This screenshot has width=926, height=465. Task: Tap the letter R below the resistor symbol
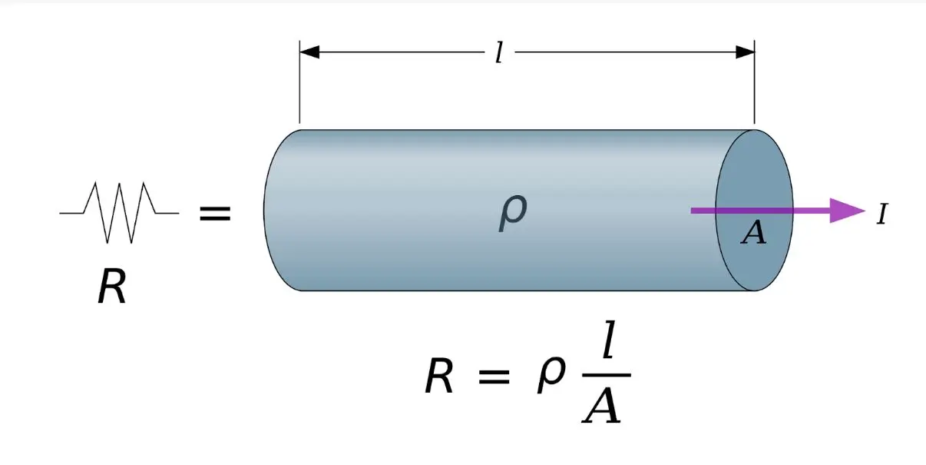(x=111, y=286)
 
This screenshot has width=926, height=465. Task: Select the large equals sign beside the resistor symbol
(x=215, y=214)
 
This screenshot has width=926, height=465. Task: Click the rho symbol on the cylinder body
(x=513, y=213)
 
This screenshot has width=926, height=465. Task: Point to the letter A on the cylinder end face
(x=753, y=232)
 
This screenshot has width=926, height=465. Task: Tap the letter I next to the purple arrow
(x=882, y=214)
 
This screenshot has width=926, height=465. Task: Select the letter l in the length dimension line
(x=500, y=52)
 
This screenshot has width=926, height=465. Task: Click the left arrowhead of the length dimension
(x=309, y=52)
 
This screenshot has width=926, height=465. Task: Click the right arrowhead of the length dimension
(x=745, y=52)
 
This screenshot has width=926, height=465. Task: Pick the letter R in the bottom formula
(x=439, y=376)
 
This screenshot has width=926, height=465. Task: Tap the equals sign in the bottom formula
(x=494, y=377)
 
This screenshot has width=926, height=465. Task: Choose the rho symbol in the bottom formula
(x=551, y=374)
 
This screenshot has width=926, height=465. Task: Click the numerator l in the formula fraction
(x=609, y=339)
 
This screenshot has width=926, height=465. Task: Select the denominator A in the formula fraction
(x=601, y=407)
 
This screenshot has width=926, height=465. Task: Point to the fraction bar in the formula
(x=607, y=375)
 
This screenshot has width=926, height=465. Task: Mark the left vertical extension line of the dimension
(x=299, y=82)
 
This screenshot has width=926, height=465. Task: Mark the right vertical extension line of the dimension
(x=755, y=82)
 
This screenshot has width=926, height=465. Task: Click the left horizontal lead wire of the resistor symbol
(x=72, y=213)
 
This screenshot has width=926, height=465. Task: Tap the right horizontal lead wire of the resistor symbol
(x=167, y=213)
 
